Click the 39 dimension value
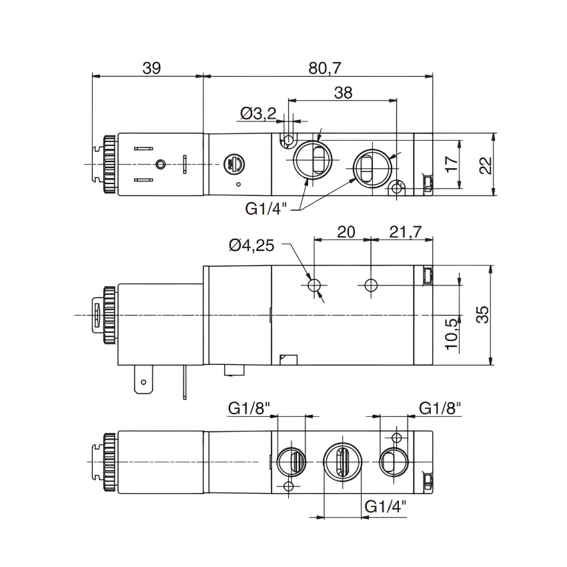point(151,67)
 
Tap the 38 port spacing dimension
point(343,93)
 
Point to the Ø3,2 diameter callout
point(257,114)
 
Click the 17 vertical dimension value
point(452,164)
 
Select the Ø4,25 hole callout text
point(251,245)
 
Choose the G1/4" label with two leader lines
point(265,209)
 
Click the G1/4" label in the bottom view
point(386,507)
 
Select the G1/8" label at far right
point(440,408)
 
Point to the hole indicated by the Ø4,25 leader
point(315,286)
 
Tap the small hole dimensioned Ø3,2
point(288,140)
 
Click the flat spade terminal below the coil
point(141,383)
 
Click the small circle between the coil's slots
point(159,164)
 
